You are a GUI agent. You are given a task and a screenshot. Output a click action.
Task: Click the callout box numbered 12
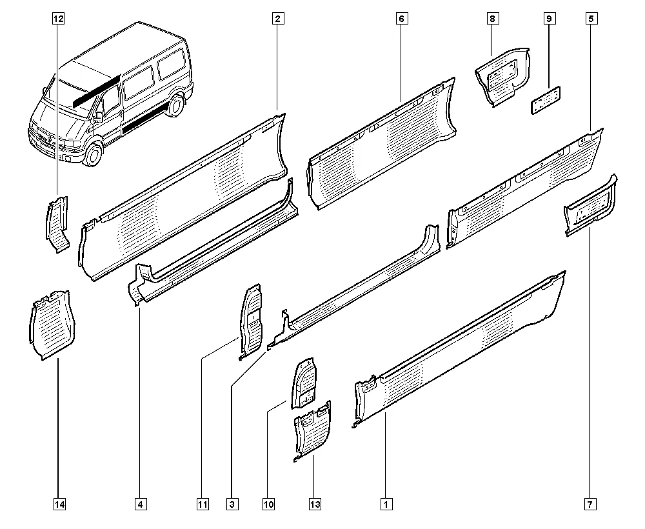pos(59,19)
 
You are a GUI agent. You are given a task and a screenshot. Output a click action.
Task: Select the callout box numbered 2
pos(277,19)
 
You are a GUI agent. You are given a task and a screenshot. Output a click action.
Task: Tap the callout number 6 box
pos(401,19)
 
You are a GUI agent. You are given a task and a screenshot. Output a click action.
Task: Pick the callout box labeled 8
pos(491,19)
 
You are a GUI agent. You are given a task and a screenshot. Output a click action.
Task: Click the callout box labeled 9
pos(549,19)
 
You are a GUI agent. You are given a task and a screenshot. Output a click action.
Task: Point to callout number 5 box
pos(591,19)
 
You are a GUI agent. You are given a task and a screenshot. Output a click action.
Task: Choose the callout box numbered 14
pos(59,504)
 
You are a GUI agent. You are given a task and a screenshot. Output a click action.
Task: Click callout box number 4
pos(140,504)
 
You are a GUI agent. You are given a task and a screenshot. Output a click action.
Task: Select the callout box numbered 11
pos(203,504)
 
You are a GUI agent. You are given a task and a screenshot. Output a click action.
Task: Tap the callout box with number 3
pos(232,504)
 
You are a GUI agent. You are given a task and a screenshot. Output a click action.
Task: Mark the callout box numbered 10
pos(269,504)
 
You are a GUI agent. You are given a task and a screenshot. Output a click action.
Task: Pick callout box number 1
pos(386,504)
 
